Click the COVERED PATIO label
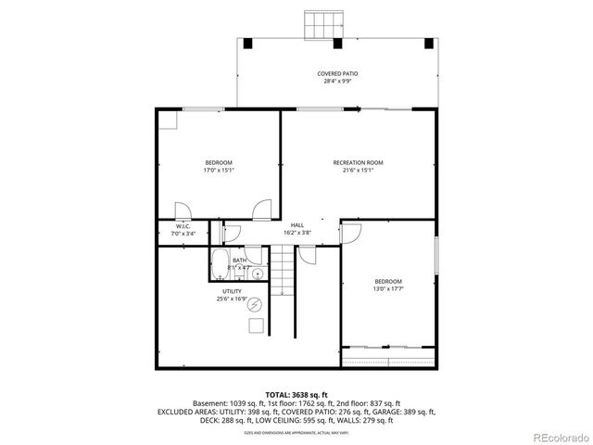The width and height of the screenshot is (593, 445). (337, 73)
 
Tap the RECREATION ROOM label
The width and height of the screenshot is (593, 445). (358, 162)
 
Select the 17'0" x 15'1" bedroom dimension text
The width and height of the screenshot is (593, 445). (218, 171)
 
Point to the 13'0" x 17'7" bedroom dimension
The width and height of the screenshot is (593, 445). (387, 289)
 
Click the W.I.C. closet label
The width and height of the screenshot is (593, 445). (183, 227)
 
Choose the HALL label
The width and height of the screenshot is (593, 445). (296, 225)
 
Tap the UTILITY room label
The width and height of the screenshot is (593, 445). (231, 291)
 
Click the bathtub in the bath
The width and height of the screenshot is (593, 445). (221, 261)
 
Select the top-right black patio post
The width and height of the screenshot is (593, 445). (427, 43)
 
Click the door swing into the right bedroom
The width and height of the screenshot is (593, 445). (352, 234)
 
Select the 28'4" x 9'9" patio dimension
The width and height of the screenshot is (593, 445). (337, 82)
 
